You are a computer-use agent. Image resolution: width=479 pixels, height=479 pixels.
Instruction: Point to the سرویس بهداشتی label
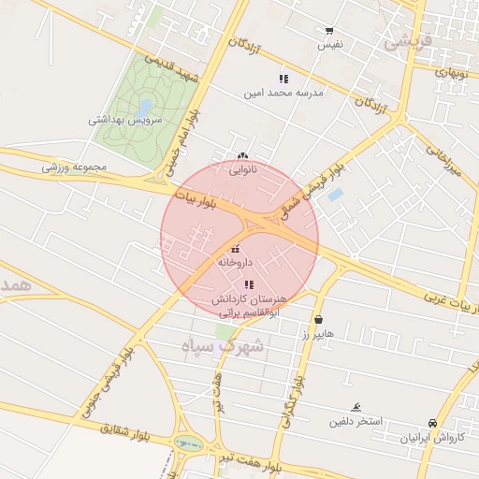coord(125,121)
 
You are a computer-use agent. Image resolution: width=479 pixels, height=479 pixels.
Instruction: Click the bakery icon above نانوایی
coord(243,156)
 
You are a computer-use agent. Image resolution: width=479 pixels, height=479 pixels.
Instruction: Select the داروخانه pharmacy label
coord(235,264)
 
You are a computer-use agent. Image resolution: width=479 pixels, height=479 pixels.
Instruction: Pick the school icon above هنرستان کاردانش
coord(248,283)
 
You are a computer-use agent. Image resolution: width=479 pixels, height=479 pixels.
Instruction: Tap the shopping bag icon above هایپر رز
coord(319,319)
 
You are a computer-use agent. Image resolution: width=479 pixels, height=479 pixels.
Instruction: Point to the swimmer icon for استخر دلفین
coord(356,407)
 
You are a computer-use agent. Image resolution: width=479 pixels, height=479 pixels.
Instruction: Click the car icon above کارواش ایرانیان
coord(431,423)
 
